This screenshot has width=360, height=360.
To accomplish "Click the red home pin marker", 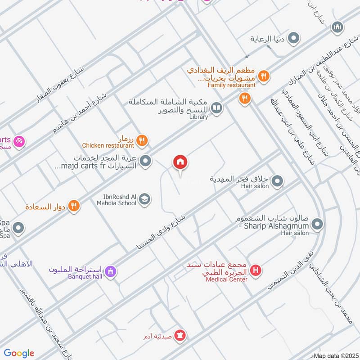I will [x=180, y=162].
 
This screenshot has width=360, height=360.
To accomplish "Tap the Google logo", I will [x=19, y=353].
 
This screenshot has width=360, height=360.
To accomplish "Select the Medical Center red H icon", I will [x=256, y=270].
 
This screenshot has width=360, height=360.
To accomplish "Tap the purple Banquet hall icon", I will [x=110, y=271].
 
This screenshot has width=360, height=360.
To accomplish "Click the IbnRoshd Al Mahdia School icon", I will [x=144, y=199].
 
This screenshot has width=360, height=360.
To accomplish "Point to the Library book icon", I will [x=217, y=108].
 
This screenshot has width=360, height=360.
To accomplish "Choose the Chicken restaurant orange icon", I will [x=141, y=140].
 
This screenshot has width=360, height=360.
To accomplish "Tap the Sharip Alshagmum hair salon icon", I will [x=318, y=224].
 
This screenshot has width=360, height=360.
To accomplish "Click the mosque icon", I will [x=337, y=28].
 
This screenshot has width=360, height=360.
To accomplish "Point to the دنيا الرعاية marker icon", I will [x=294, y=39].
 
